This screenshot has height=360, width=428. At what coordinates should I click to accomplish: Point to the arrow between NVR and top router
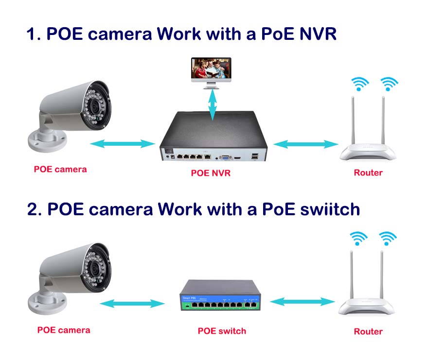tap(305, 144)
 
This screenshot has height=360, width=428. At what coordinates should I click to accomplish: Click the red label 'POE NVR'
tap(211, 173)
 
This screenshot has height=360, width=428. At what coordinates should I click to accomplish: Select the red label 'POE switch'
tap(222, 331)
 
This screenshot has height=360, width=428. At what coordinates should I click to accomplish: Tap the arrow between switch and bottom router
tap(302, 302)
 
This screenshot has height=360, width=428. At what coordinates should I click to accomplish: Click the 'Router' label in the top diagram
tap(368, 172)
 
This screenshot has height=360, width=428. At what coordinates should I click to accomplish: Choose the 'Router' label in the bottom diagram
tap(368, 331)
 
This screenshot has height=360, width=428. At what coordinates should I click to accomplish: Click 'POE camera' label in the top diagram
tap(60, 169)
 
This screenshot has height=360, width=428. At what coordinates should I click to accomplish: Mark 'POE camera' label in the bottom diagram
tap(64, 330)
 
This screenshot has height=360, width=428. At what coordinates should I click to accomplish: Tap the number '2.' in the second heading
tap(35, 209)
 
